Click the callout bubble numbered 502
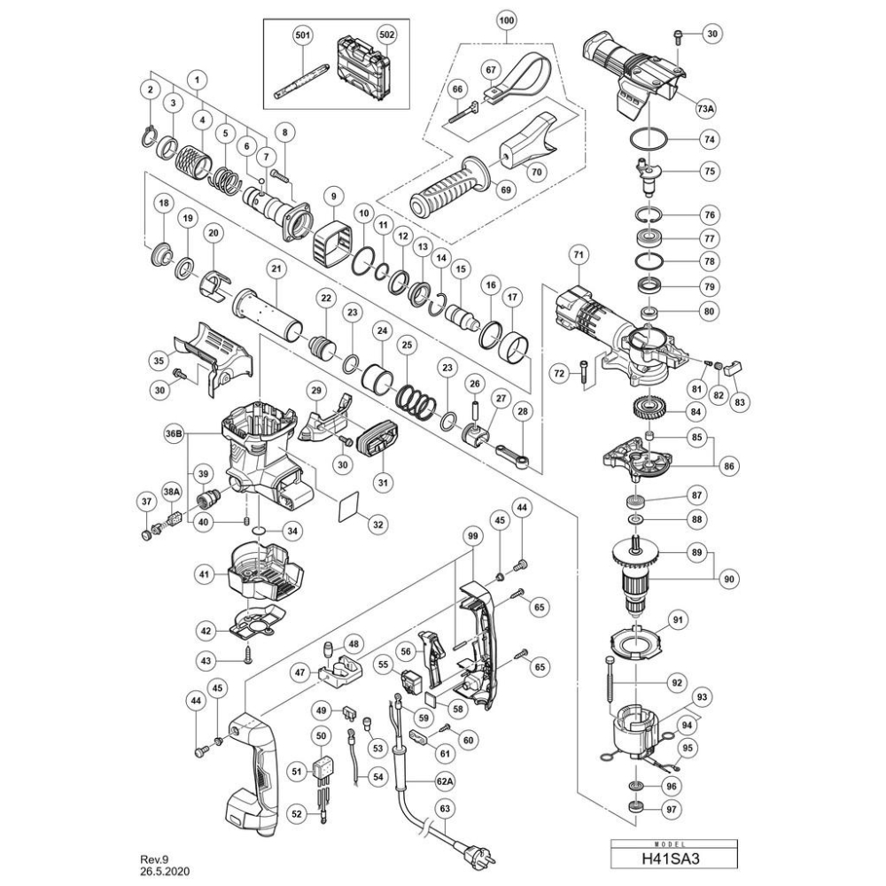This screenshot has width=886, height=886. tap(387, 35)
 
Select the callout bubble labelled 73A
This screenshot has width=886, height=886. tap(706, 108)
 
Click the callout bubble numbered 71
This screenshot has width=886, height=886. tap(578, 256)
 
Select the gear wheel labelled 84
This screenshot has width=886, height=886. tap(649, 407)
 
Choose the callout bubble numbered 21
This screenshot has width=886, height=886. tap(276, 270)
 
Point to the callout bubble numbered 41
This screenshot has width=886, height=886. tap(205, 575)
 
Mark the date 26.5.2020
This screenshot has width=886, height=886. tap(165, 871)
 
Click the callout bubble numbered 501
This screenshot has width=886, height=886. tap(303, 35)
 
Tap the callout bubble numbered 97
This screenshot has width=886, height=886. tap(672, 810)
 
